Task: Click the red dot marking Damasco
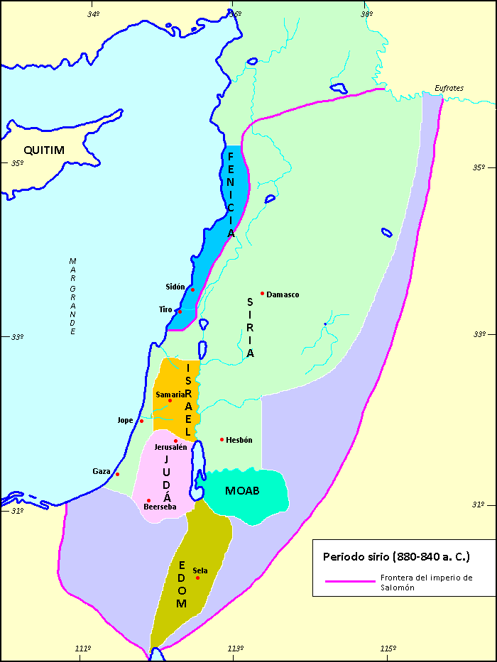pos(263,293)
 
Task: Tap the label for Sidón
pos(175,287)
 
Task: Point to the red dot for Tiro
pos(180,311)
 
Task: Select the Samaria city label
pos(170,394)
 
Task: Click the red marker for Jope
pos(142,421)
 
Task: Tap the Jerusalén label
pos(170,447)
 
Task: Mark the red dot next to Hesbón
pos(222,439)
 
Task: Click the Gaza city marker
pos(118,474)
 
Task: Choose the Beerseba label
pos(160,507)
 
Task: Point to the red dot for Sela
pos(198,578)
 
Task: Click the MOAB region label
pos(242,491)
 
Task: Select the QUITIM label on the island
pos(44,150)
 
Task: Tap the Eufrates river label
pos(449,89)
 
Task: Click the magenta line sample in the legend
pos(349,581)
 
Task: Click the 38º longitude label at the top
pos(366,13)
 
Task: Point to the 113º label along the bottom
pos(236,649)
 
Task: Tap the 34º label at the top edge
pos(93,13)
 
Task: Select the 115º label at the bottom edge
pos(387,649)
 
